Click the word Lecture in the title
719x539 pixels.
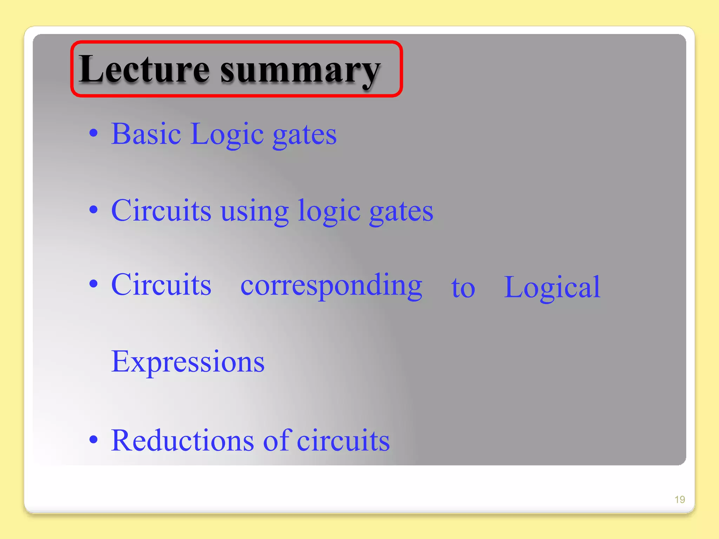click(144, 69)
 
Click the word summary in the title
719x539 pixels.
click(300, 70)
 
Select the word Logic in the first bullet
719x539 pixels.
click(227, 135)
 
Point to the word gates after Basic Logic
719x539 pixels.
click(304, 135)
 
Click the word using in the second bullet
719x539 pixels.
click(255, 212)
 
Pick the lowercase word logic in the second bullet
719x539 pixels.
click(329, 212)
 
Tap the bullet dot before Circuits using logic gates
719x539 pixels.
click(93, 210)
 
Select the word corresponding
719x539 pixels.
click(331, 286)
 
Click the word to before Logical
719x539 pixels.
click(463, 288)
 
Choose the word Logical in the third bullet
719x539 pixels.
click(552, 288)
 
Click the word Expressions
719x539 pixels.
click(188, 362)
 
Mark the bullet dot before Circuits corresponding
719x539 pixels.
click(93, 284)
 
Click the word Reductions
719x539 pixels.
click(182, 440)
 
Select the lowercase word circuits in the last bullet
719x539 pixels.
click(343, 440)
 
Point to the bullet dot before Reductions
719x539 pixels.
click(93, 439)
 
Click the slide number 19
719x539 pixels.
click(680, 499)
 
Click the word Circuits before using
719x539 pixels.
click(161, 211)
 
